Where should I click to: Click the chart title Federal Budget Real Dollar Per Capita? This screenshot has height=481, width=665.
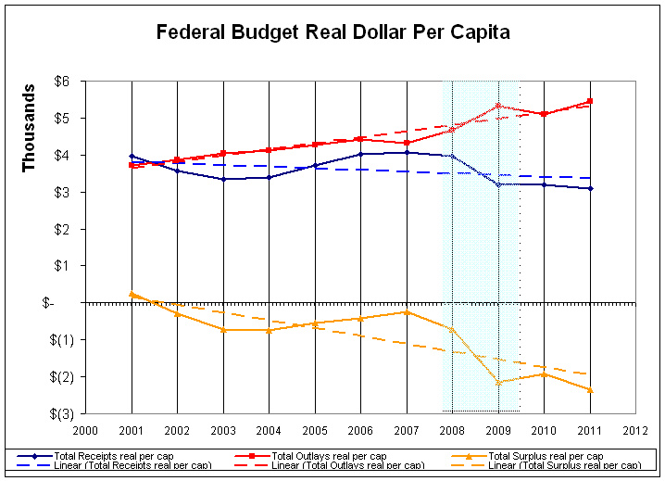(x=332, y=32)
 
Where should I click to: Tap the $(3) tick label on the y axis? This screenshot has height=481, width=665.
(x=58, y=413)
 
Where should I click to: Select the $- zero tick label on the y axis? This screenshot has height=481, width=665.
(x=61, y=303)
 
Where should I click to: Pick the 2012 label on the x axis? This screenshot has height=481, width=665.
(x=636, y=429)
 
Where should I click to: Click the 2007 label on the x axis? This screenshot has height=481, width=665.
(x=407, y=429)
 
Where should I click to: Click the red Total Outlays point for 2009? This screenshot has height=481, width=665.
(x=498, y=106)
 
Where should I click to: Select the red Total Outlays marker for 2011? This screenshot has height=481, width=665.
(x=590, y=101)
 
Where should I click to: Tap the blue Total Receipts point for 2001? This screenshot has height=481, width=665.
(x=132, y=157)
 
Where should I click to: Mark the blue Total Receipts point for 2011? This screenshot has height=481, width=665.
(x=590, y=188)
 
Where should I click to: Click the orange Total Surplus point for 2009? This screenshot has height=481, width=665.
(x=498, y=382)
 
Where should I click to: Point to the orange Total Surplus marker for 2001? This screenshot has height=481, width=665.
(x=132, y=294)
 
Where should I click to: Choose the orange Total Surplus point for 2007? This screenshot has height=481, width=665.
(x=407, y=311)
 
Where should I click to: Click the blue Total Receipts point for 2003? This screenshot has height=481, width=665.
(x=223, y=179)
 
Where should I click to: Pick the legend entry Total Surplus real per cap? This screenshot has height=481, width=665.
(x=546, y=456)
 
